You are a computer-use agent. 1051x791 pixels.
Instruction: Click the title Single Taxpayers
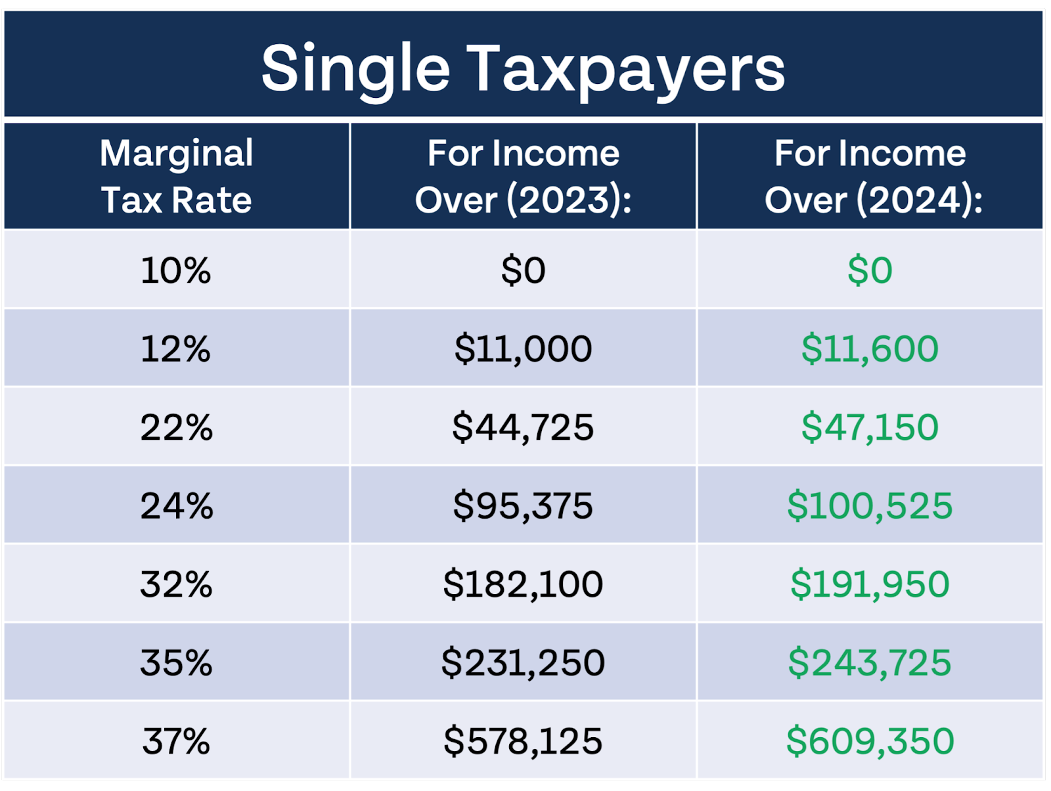[523, 68]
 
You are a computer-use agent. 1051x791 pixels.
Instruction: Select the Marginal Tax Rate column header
[176, 176]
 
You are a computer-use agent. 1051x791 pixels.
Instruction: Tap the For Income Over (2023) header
[523, 176]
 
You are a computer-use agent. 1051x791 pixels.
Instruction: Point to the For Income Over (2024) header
[871, 176]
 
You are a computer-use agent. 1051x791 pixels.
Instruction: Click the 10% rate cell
[176, 270]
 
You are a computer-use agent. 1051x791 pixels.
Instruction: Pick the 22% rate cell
[176, 427]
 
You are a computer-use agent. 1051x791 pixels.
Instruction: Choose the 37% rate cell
[176, 741]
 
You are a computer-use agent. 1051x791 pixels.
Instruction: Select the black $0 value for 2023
[523, 270]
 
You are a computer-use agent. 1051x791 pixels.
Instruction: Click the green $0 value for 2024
[870, 270]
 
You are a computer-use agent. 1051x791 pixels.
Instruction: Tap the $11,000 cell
[523, 349]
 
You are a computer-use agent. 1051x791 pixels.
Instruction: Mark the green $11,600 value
[870, 349]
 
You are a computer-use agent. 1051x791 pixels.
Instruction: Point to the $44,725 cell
[523, 427]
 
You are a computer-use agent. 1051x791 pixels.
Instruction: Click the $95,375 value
[523, 505]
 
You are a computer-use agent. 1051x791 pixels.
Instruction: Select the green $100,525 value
[870, 505]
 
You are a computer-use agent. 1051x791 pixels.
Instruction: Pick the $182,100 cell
[523, 584]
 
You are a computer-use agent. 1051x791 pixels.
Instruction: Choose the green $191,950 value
[870, 584]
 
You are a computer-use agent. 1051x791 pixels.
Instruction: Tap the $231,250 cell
[523, 662]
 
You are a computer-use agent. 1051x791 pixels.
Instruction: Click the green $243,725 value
[870, 662]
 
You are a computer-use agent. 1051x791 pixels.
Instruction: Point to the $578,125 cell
[523, 741]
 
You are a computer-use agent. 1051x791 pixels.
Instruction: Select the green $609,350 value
[870, 741]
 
